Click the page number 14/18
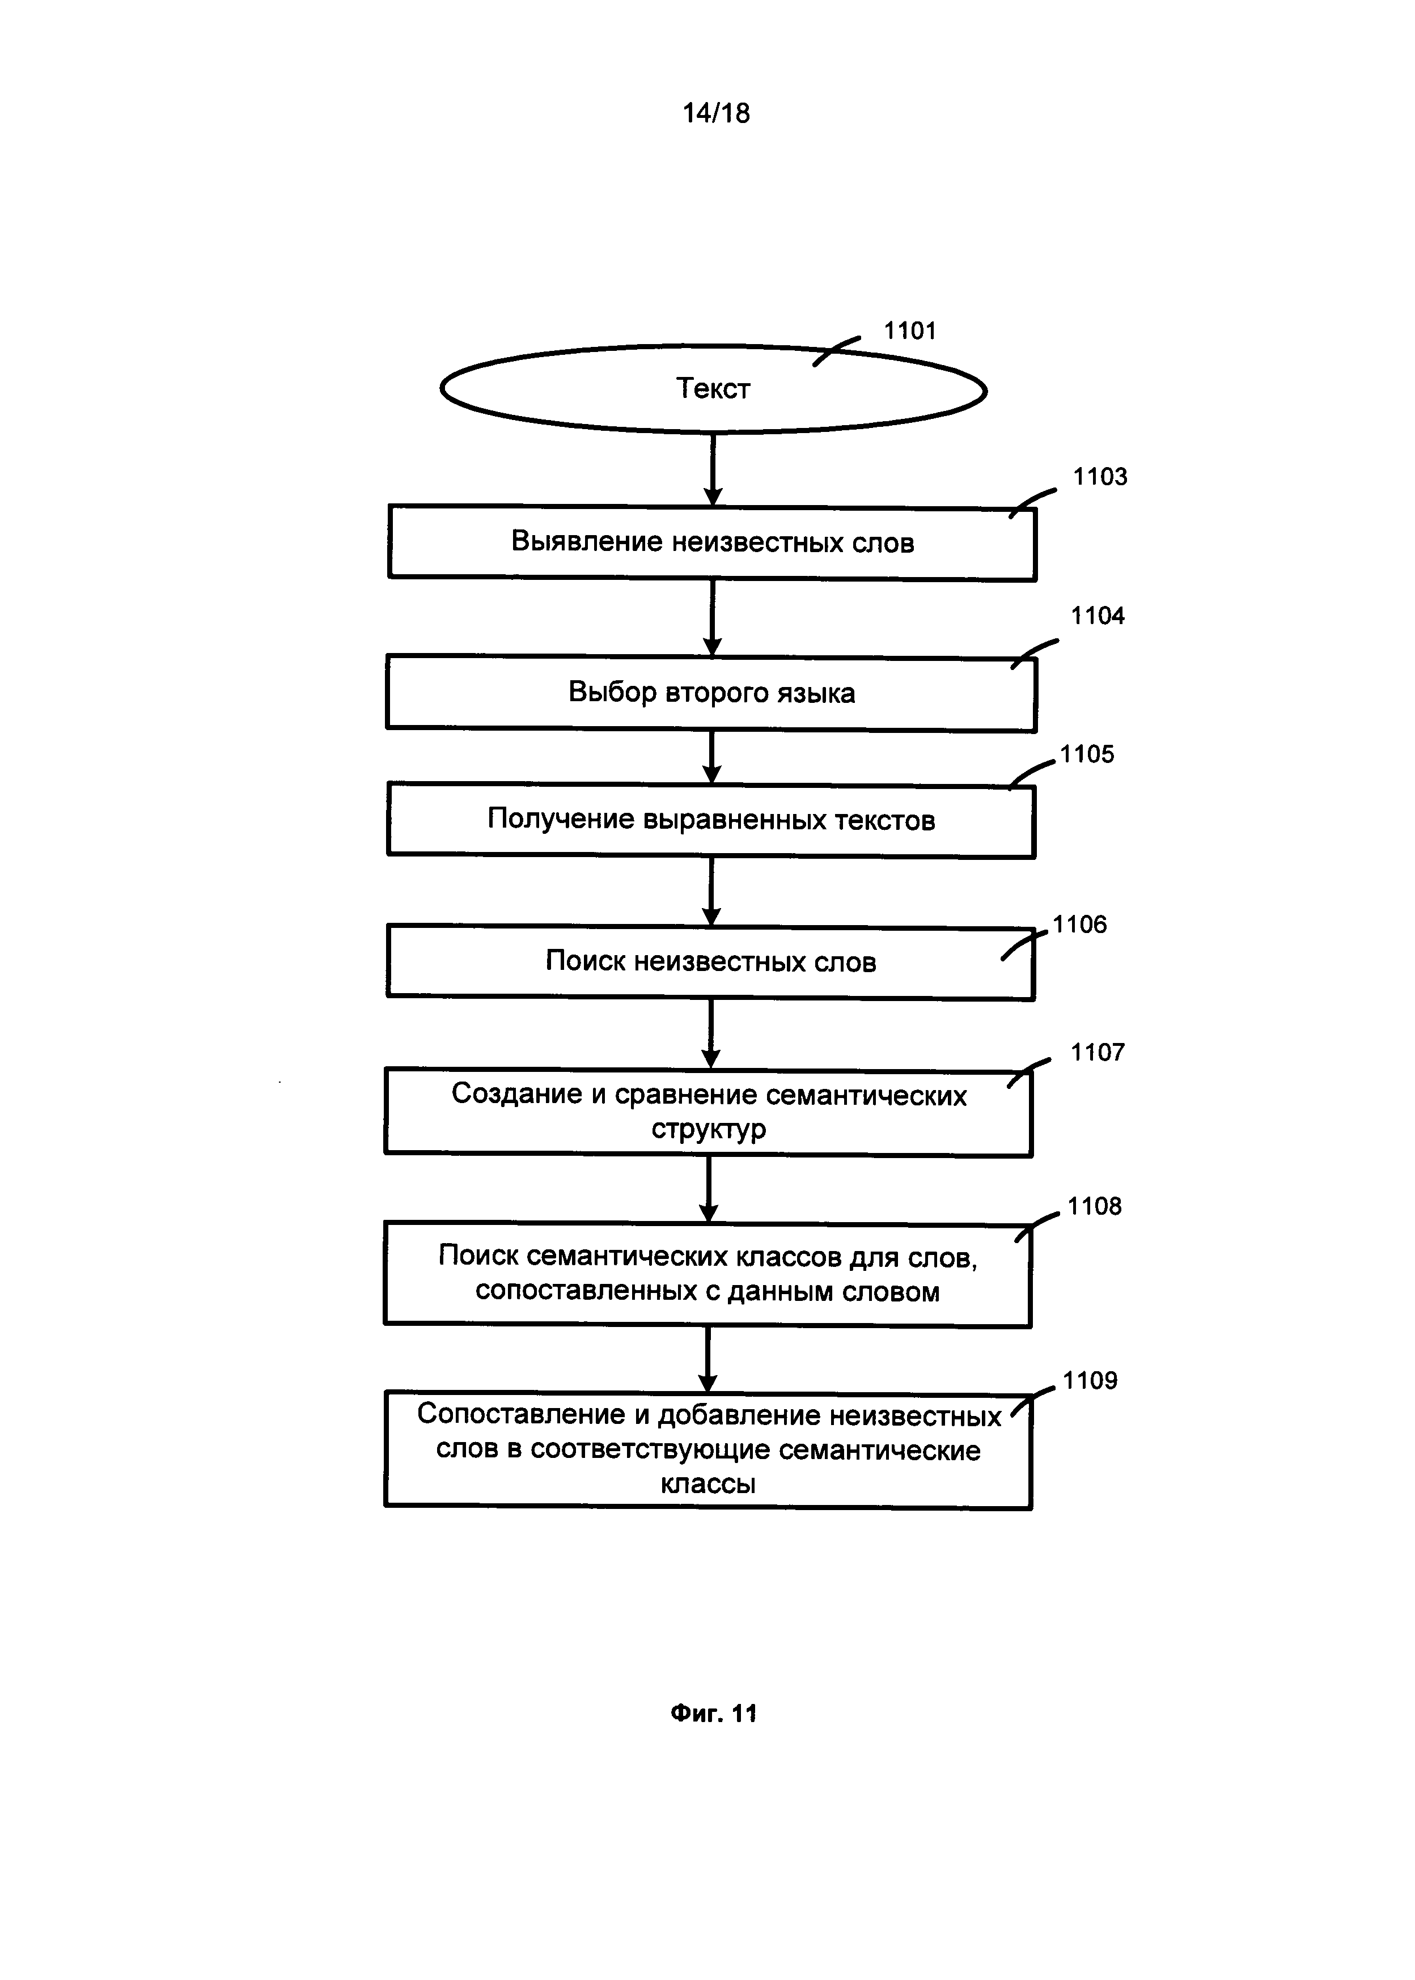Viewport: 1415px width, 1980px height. click(715, 113)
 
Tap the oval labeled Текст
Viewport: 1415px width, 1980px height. click(713, 388)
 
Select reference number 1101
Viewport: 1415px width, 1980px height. click(910, 331)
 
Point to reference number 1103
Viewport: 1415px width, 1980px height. click(1100, 477)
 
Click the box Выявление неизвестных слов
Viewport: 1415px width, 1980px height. click(712, 542)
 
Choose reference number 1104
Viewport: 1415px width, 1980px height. click(1097, 616)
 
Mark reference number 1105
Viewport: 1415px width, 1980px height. click(1087, 754)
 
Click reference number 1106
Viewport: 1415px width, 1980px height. click(1079, 924)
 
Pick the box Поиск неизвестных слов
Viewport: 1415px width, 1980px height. click(710, 962)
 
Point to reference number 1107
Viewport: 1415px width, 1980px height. click(1097, 1052)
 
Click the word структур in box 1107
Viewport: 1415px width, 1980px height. click(709, 1129)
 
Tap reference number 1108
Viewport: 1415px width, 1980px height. click(1094, 1206)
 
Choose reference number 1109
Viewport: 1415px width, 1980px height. click(1089, 1381)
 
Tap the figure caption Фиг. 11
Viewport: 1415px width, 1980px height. click(713, 1714)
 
